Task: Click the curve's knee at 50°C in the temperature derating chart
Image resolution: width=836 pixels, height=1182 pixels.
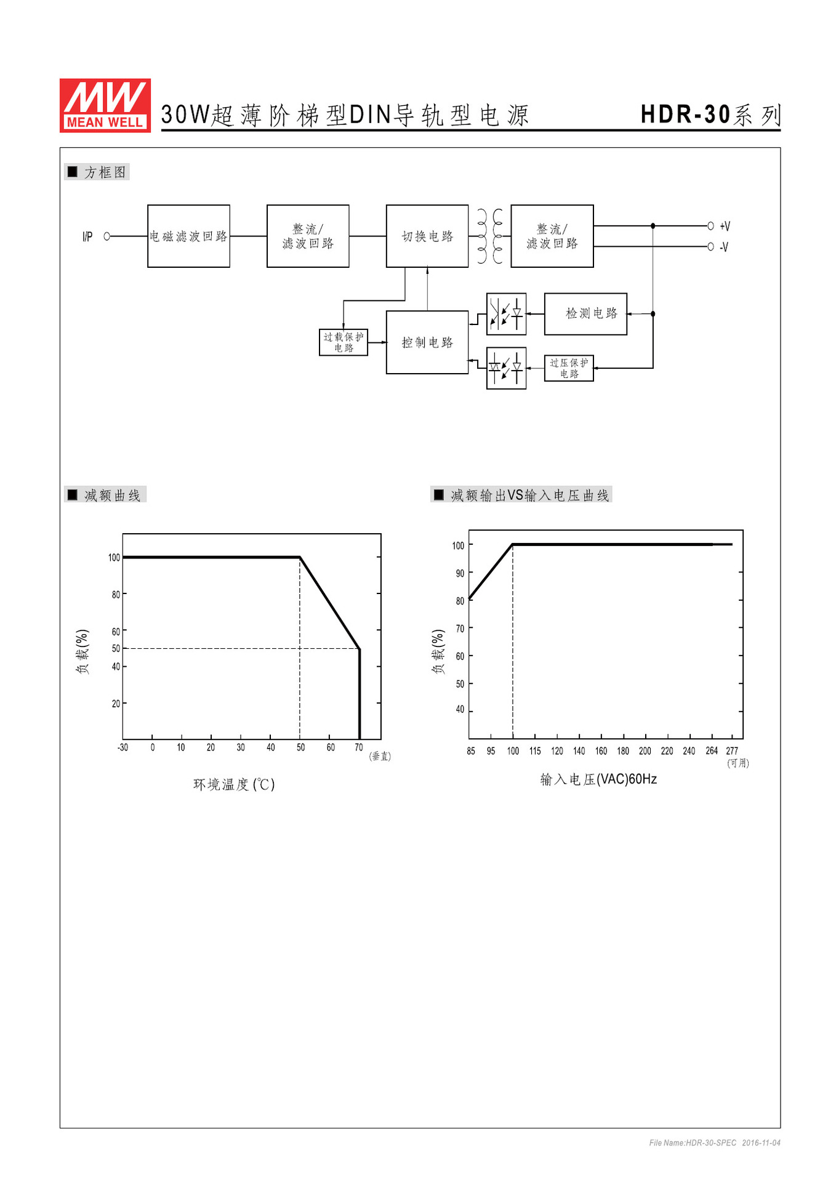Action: point(300,557)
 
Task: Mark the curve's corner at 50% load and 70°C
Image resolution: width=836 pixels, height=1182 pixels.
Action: point(360,648)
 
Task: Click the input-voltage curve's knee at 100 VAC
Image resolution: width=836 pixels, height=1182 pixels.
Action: point(512,544)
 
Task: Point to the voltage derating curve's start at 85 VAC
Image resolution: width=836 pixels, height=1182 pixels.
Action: point(470,598)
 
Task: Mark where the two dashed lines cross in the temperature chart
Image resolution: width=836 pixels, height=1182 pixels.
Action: point(300,648)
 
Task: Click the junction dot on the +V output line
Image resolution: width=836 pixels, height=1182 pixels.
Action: point(653,226)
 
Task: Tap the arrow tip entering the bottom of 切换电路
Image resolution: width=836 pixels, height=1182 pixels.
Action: point(427,268)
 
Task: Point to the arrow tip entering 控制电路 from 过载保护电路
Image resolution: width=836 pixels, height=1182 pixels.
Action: point(385,342)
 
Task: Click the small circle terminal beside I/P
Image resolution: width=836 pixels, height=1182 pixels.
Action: point(107,236)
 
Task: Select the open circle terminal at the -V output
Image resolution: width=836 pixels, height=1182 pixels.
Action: point(710,247)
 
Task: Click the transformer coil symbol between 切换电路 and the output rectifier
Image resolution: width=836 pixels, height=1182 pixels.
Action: point(490,236)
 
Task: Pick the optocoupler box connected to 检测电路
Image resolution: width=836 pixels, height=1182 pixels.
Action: point(506,314)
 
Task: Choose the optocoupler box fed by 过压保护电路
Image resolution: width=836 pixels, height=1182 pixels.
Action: point(506,368)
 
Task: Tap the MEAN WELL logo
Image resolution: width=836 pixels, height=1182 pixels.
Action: point(105,105)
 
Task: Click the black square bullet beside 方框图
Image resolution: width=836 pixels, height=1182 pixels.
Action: point(73,172)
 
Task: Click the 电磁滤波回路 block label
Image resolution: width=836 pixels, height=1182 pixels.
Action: point(188,236)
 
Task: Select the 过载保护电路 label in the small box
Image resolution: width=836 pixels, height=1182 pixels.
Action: point(344,342)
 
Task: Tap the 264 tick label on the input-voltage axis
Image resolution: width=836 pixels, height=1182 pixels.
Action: point(712,751)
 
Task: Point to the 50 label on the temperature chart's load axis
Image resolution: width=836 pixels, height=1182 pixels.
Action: point(116,648)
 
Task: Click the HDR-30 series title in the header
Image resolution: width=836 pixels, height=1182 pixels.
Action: point(710,115)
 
